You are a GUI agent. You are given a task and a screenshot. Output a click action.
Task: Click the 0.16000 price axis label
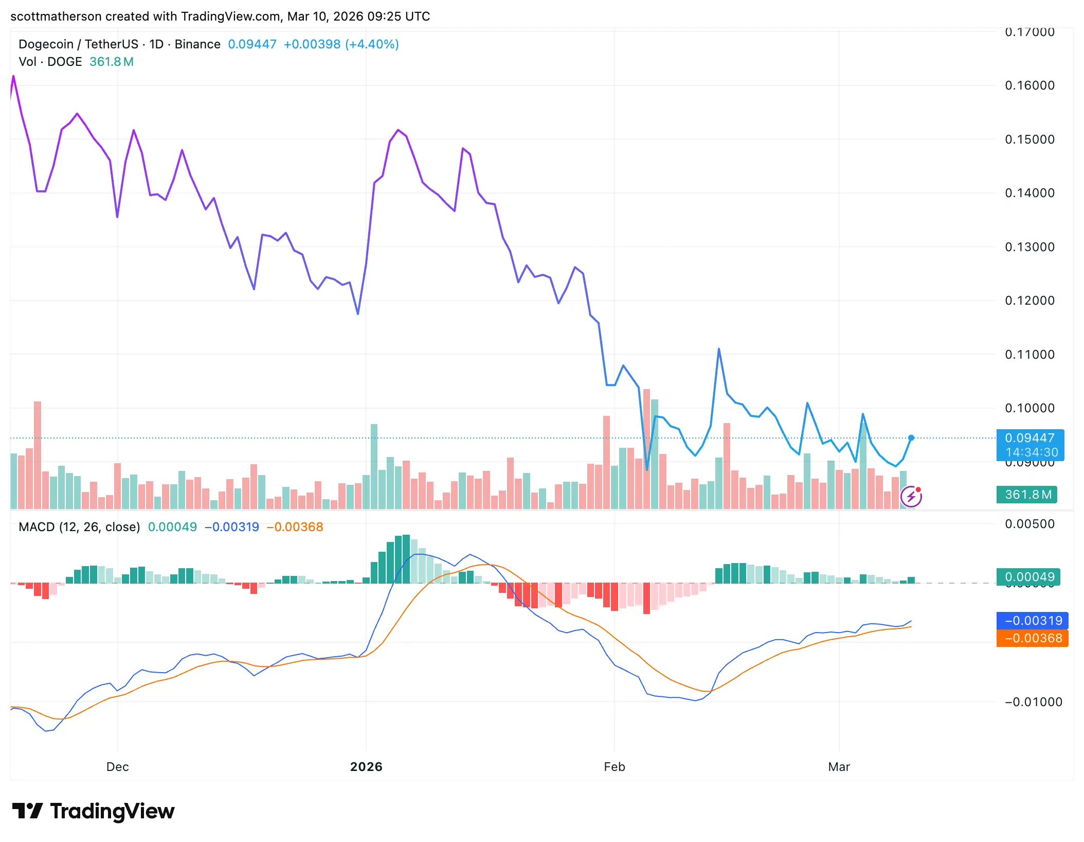[x=1029, y=85]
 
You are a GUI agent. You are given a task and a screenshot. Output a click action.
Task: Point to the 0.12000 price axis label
[x=1029, y=301]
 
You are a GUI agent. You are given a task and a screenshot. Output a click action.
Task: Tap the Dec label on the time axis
[x=117, y=767]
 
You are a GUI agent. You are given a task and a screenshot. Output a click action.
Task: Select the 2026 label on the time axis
[x=366, y=767]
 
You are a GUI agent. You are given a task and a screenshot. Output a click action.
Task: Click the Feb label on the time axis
[x=614, y=767]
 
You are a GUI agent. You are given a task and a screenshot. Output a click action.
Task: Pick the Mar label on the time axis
[x=839, y=767]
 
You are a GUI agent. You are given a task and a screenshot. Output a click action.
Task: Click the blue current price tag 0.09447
[x=1029, y=438]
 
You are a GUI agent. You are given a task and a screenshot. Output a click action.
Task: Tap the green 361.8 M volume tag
[x=1026, y=495]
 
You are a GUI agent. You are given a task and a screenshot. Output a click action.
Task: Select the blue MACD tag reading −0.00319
[x=1033, y=621]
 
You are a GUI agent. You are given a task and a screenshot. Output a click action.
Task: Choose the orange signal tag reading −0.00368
[x=1033, y=638]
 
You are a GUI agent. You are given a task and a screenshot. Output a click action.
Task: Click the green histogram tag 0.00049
[x=1028, y=577]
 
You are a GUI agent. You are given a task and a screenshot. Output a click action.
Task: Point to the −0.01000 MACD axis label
[x=1033, y=702]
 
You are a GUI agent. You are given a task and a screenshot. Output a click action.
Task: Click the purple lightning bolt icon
[x=911, y=497]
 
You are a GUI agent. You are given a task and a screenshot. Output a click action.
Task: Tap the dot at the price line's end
[x=911, y=438]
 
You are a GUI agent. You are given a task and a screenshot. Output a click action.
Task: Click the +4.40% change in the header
[x=372, y=44]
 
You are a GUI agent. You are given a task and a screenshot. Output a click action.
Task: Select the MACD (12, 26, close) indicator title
[x=79, y=527]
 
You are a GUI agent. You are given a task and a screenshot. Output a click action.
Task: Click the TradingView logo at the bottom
[x=94, y=811]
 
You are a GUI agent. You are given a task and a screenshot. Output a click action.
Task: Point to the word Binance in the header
[x=197, y=44]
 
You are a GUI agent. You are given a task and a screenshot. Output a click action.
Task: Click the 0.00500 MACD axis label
[x=1029, y=524]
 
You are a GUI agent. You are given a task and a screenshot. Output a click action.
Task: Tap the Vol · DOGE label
[x=50, y=62]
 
